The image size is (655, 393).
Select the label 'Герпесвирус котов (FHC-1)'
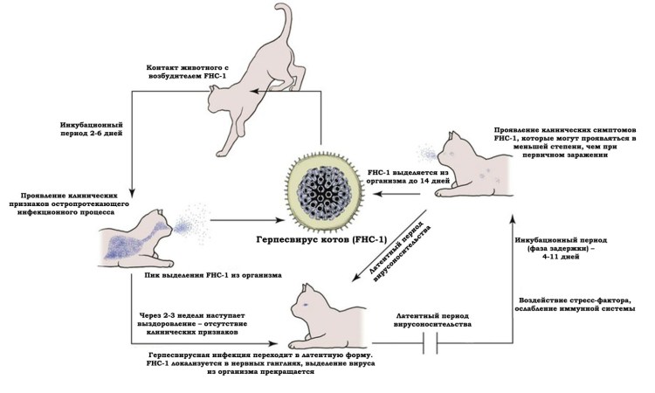pos(324,242)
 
